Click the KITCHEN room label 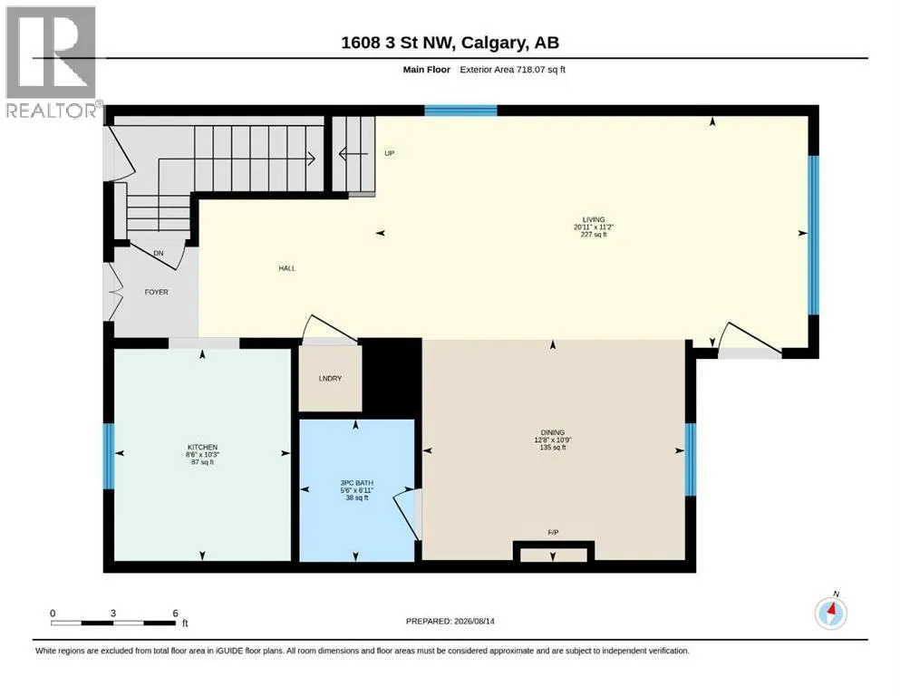202,447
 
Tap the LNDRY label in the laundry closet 330,379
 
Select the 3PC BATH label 356,483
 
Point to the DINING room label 552,432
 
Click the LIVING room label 594,219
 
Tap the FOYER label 156,292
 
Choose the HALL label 287,268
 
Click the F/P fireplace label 553,533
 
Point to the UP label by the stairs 389,153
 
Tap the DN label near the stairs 159,253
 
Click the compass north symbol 830,613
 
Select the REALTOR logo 52,62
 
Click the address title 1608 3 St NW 398,43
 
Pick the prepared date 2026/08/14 474,622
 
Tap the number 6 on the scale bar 176,614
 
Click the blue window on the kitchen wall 109,456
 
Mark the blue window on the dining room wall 691,459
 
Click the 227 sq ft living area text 594,235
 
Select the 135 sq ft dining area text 553,448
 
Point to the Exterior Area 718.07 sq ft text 513,70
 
